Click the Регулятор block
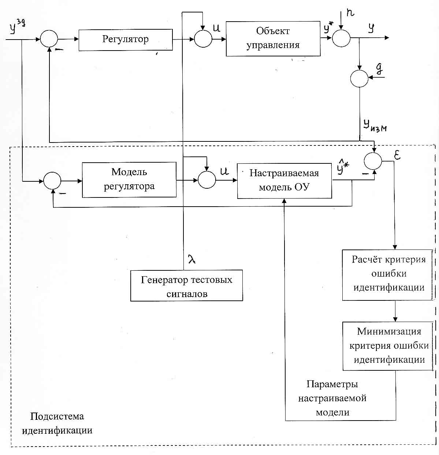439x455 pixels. coord(125,40)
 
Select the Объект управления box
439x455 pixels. coord(273,38)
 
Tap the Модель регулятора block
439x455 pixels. coord(129,180)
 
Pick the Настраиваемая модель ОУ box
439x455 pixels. coord(284,181)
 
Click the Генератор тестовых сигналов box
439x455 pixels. coord(186,286)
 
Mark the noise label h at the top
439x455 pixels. coord(350,13)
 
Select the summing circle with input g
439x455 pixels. coord(359,78)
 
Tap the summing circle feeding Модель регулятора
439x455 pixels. coord(52,181)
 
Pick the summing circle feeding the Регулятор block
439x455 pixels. coord(49,38)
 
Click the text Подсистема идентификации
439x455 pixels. coord(57,423)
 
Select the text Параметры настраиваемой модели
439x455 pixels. coord(332,398)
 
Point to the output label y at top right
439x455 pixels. coord(371,28)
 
